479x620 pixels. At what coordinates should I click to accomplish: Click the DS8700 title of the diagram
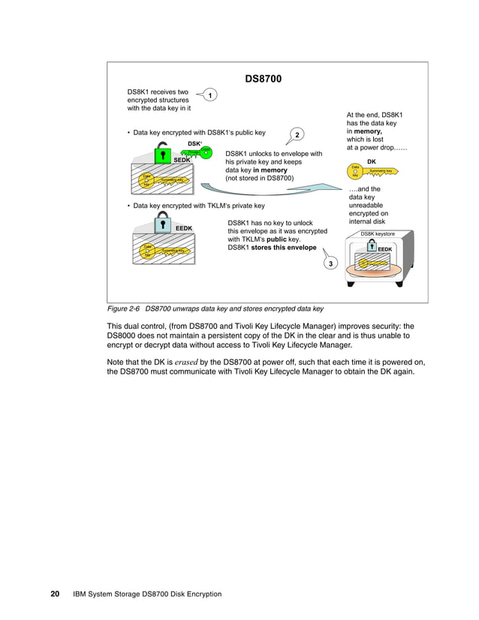pyautogui.click(x=264, y=79)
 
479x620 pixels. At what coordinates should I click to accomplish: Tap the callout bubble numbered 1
pyautogui.click(x=211, y=95)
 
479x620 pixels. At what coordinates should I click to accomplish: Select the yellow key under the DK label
pyautogui.click(x=372, y=172)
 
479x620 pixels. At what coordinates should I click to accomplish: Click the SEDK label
pyautogui.click(x=182, y=160)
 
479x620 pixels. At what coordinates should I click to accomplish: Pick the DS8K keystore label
pyautogui.click(x=377, y=234)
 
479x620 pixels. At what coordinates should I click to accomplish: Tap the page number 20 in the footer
pyautogui.click(x=55, y=594)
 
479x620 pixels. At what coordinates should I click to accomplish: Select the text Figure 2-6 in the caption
pyautogui.click(x=123, y=309)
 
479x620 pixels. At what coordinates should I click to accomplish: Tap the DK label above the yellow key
pyautogui.click(x=371, y=161)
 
